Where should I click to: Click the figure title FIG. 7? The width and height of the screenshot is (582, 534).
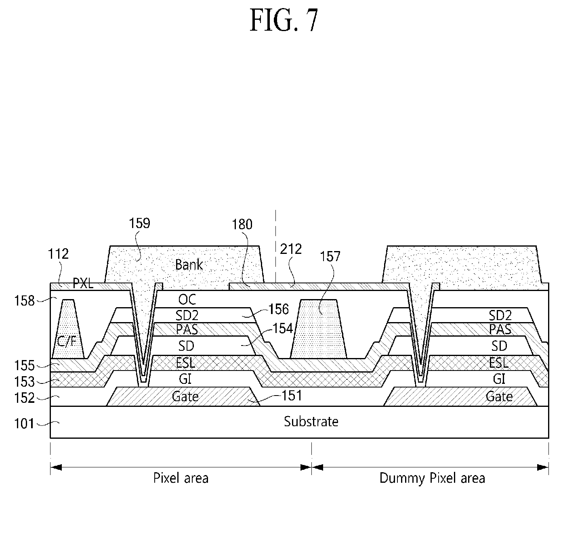click(284, 20)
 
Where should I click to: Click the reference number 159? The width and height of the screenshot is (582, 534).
click(139, 223)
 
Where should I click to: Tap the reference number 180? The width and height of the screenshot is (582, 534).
click(242, 224)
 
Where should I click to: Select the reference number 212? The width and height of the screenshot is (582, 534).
click(291, 249)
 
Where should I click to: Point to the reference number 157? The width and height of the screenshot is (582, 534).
click(330, 256)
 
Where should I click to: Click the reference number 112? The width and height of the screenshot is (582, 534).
click(58, 254)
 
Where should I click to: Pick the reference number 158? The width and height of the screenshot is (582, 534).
click(24, 301)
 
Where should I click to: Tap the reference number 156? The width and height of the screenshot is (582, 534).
click(279, 309)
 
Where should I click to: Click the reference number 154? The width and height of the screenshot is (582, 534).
click(282, 328)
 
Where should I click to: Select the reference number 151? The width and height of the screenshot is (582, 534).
click(292, 396)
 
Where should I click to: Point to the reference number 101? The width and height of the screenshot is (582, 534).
click(24, 424)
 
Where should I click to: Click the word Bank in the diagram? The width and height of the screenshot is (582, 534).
click(189, 264)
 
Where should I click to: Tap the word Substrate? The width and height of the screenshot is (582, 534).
click(311, 421)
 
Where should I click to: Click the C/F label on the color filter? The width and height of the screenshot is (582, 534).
click(67, 341)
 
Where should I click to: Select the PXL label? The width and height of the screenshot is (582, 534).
click(83, 283)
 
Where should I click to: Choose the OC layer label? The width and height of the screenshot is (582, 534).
click(187, 299)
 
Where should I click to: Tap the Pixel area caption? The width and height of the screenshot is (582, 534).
click(181, 478)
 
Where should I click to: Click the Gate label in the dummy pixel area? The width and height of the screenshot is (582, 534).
click(499, 396)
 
